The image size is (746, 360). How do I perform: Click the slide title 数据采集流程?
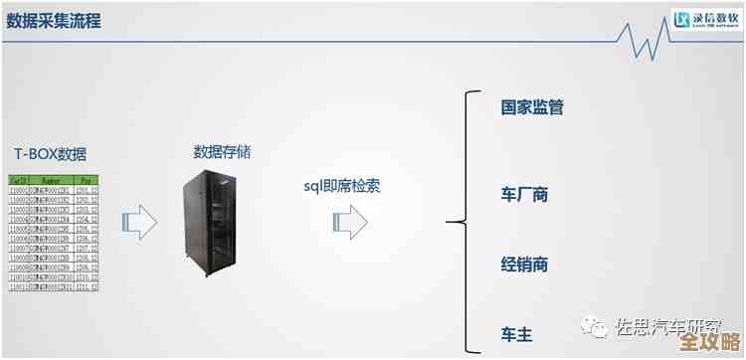(54, 21)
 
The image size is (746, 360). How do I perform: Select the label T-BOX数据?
(50, 154)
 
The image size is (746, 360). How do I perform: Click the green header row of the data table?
(54, 180)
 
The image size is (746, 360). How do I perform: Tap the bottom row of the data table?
(54, 285)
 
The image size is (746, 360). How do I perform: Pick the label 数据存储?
(222, 152)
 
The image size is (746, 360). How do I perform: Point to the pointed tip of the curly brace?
(451, 220)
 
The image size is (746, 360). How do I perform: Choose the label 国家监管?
(532, 107)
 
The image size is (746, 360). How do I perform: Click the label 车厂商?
(524, 194)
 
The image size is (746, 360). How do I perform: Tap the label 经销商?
(524, 265)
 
